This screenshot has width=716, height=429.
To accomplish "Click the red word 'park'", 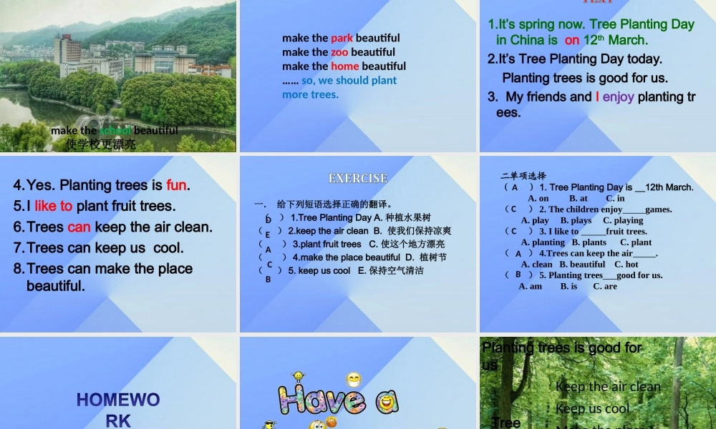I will [342, 38].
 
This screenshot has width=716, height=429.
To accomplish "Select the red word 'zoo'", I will [339, 52].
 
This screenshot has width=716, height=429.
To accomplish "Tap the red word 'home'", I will [344, 66].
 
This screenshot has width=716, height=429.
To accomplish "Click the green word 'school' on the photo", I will [115, 130].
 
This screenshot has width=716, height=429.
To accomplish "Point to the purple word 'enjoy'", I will [618, 97].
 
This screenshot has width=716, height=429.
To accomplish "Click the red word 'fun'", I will [176, 185].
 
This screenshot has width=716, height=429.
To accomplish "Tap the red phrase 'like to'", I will [53, 206].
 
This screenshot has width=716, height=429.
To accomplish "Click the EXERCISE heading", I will [358, 178].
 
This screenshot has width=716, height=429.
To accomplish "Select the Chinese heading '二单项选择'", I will [523, 176].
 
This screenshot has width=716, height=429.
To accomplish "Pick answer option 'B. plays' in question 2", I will [576, 220].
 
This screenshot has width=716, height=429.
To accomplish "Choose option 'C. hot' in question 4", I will [626, 264].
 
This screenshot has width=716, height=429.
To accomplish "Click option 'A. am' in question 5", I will [530, 286].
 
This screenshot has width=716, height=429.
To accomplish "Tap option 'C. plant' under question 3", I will [636, 242].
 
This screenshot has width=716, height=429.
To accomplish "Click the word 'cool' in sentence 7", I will [168, 248].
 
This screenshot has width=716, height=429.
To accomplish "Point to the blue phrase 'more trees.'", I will [310, 94].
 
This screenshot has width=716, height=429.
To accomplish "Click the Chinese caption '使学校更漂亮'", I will [100, 144].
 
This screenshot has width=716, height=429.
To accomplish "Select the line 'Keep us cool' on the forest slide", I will [592, 408].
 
